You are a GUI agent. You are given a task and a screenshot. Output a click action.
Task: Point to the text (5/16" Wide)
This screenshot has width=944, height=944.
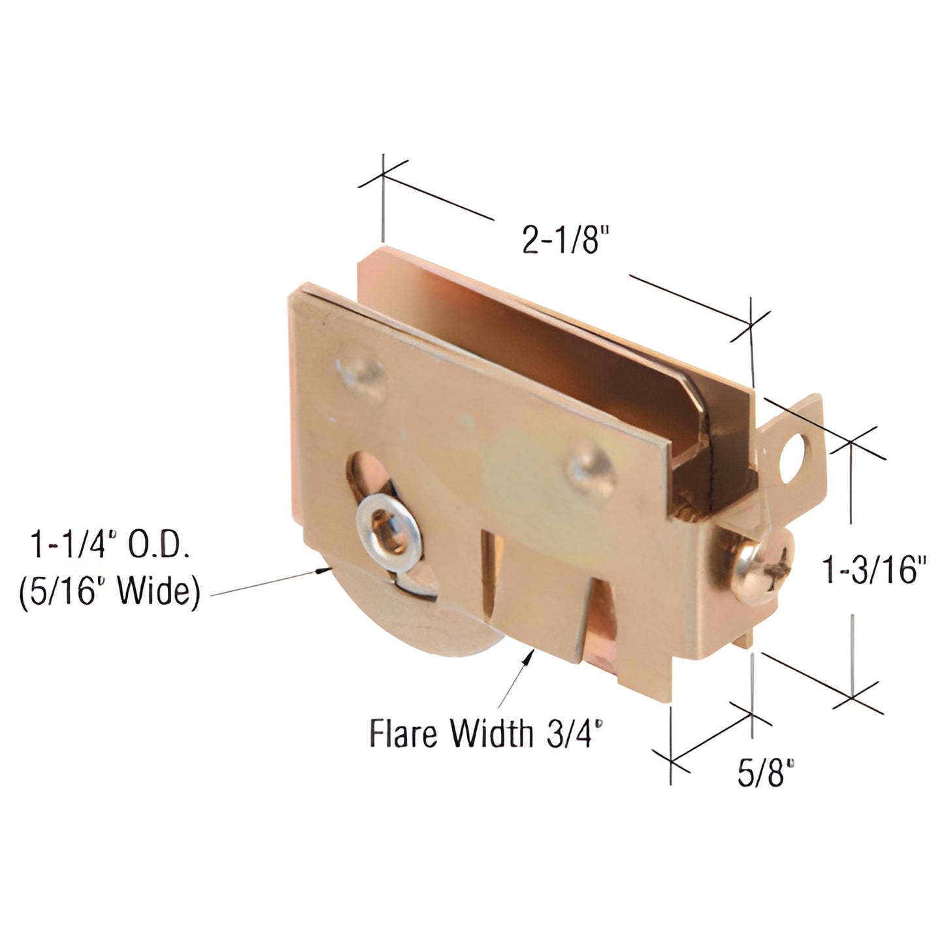click(x=109, y=594)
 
